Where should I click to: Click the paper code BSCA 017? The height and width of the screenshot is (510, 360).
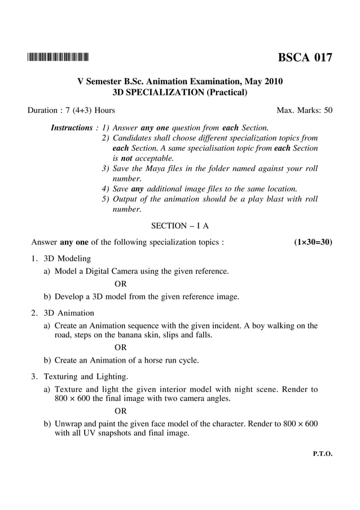(x=304, y=57)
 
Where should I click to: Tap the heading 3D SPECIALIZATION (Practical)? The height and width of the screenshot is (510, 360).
(x=180, y=91)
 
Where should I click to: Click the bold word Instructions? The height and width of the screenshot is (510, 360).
(x=72, y=128)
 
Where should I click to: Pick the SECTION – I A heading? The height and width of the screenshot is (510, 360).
(x=180, y=226)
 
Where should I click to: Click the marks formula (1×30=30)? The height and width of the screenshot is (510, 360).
(x=313, y=242)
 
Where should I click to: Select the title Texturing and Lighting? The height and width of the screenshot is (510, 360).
(x=86, y=376)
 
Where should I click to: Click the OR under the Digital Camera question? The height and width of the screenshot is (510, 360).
(x=120, y=284)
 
